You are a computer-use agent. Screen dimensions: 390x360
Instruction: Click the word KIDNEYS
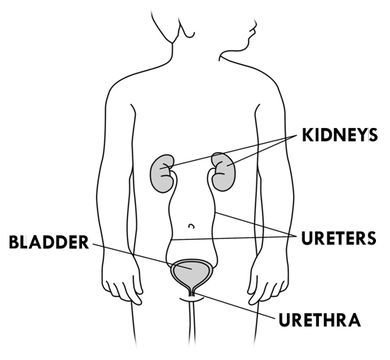pos(339,135)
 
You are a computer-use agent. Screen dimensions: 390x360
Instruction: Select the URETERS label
pos(339,238)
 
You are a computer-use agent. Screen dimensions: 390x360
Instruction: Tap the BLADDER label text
pos(49,242)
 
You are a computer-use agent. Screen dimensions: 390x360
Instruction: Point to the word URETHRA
pos(320,320)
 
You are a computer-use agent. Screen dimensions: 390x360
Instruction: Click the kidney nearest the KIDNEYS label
pos(224,172)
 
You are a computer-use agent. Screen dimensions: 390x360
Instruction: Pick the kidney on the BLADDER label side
pos(161,173)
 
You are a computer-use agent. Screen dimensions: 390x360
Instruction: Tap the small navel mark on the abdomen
pos(192,226)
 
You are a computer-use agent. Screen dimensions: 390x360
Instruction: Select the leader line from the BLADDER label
pos(143,256)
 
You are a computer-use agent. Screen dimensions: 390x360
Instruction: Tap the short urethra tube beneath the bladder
pos(192,293)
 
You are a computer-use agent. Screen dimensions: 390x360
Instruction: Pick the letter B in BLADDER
pos(14,242)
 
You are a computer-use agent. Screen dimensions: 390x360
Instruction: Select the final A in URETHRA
pos(354,320)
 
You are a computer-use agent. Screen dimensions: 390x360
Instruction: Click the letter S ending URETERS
pos(371,238)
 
